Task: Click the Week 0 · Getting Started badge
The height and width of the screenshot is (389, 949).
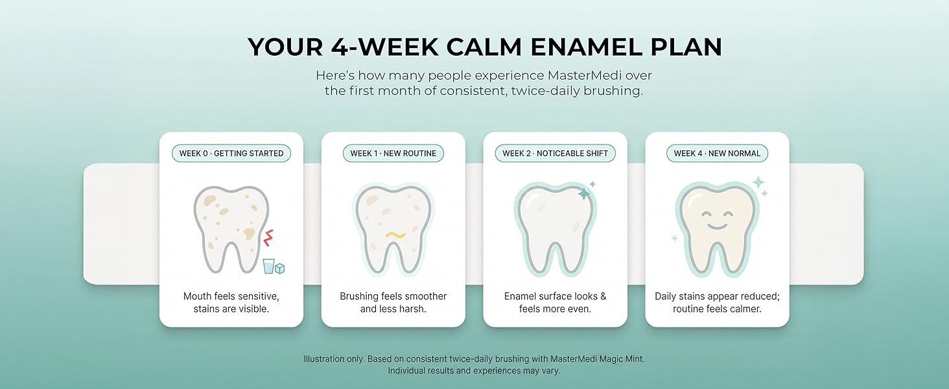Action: (x=231, y=154)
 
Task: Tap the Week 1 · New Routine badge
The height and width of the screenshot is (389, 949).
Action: (x=393, y=154)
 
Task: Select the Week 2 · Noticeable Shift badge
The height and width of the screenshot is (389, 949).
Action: (x=555, y=154)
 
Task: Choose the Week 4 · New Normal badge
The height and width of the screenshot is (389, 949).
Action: (x=717, y=154)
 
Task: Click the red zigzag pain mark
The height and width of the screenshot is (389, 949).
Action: (x=268, y=238)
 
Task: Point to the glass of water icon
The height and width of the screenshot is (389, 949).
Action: (x=268, y=266)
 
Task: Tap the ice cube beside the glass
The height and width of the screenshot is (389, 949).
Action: (x=279, y=268)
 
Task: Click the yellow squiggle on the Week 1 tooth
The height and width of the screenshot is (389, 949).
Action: (x=395, y=235)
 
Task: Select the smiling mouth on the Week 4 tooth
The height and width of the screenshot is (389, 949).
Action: (x=716, y=226)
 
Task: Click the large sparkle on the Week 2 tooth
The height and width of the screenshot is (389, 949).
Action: (x=584, y=193)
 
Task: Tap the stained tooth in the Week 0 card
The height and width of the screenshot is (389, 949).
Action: (x=231, y=230)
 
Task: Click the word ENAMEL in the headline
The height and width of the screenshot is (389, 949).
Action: (x=586, y=47)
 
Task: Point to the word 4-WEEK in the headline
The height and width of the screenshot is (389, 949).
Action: (x=384, y=47)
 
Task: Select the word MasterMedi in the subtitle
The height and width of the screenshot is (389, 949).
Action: (x=585, y=75)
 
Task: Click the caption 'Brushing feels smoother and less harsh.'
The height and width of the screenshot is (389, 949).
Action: (x=393, y=303)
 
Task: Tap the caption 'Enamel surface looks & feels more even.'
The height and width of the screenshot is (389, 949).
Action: (x=555, y=303)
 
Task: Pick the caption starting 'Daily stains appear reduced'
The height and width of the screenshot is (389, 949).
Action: (x=717, y=303)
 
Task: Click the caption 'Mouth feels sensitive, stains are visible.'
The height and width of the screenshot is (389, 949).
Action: (x=231, y=303)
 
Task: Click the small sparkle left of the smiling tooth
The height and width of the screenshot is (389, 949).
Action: (x=674, y=238)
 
